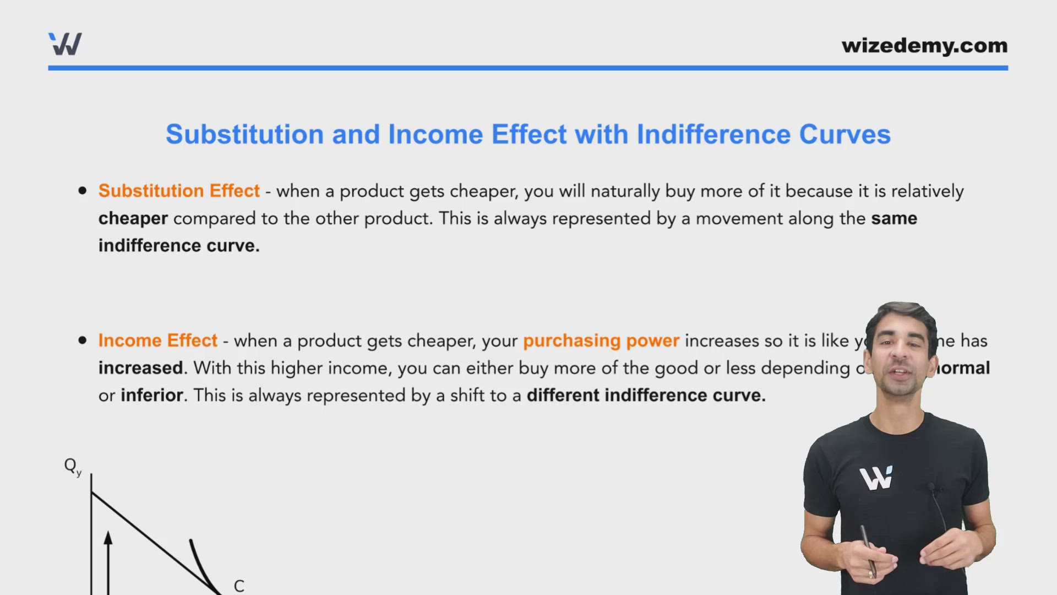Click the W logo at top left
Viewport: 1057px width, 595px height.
point(65,44)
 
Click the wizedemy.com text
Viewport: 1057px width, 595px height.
point(924,46)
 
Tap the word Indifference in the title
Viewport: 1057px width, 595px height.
point(713,134)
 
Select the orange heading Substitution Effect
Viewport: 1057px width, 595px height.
point(179,191)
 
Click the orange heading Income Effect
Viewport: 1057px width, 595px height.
point(158,340)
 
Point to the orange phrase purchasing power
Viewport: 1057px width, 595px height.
point(601,340)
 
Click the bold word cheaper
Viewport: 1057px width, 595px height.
point(133,219)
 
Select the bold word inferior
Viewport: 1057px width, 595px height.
point(151,395)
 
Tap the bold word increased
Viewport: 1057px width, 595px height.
point(140,368)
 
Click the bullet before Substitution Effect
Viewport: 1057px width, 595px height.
point(83,191)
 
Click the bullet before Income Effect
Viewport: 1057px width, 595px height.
point(83,340)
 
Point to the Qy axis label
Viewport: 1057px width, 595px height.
point(72,467)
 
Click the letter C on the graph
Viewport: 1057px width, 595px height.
point(239,586)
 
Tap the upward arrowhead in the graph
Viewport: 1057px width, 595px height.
point(108,537)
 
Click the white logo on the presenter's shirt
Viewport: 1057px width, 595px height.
point(876,478)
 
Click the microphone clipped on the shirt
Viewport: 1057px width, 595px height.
point(931,487)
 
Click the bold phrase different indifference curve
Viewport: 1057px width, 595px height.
point(646,395)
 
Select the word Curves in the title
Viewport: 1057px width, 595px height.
point(844,134)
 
